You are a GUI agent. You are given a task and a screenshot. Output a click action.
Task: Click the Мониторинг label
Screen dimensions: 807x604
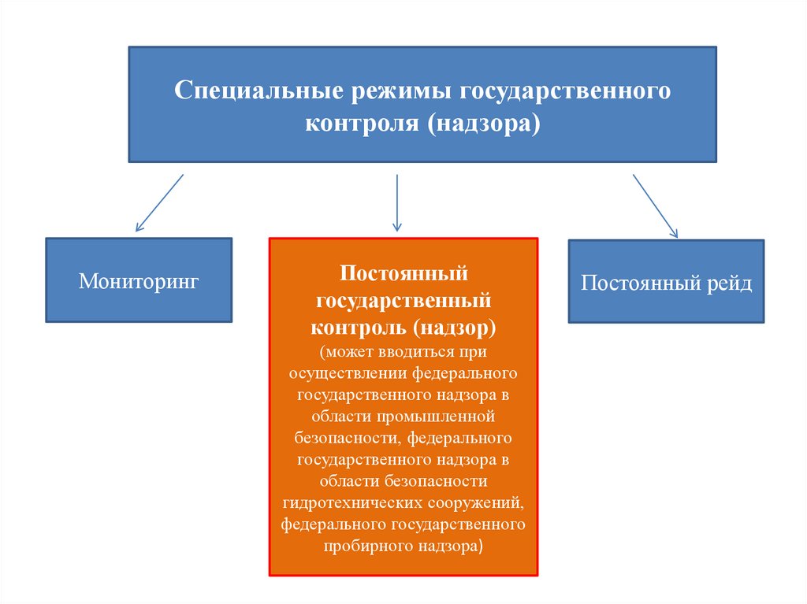pyautogui.click(x=139, y=280)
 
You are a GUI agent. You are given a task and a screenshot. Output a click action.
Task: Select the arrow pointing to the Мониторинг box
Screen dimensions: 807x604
pyautogui.click(x=159, y=203)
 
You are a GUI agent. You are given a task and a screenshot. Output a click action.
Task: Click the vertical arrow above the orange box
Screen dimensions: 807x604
pyautogui.click(x=397, y=203)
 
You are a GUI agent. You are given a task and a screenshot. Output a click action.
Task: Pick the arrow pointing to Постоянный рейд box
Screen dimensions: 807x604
pyautogui.click(x=655, y=206)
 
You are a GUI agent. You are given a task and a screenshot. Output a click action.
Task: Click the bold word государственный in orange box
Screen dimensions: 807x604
pyautogui.click(x=403, y=300)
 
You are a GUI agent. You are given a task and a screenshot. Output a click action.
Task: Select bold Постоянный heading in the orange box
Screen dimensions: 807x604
pyautogui.click(x=403, y=274)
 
